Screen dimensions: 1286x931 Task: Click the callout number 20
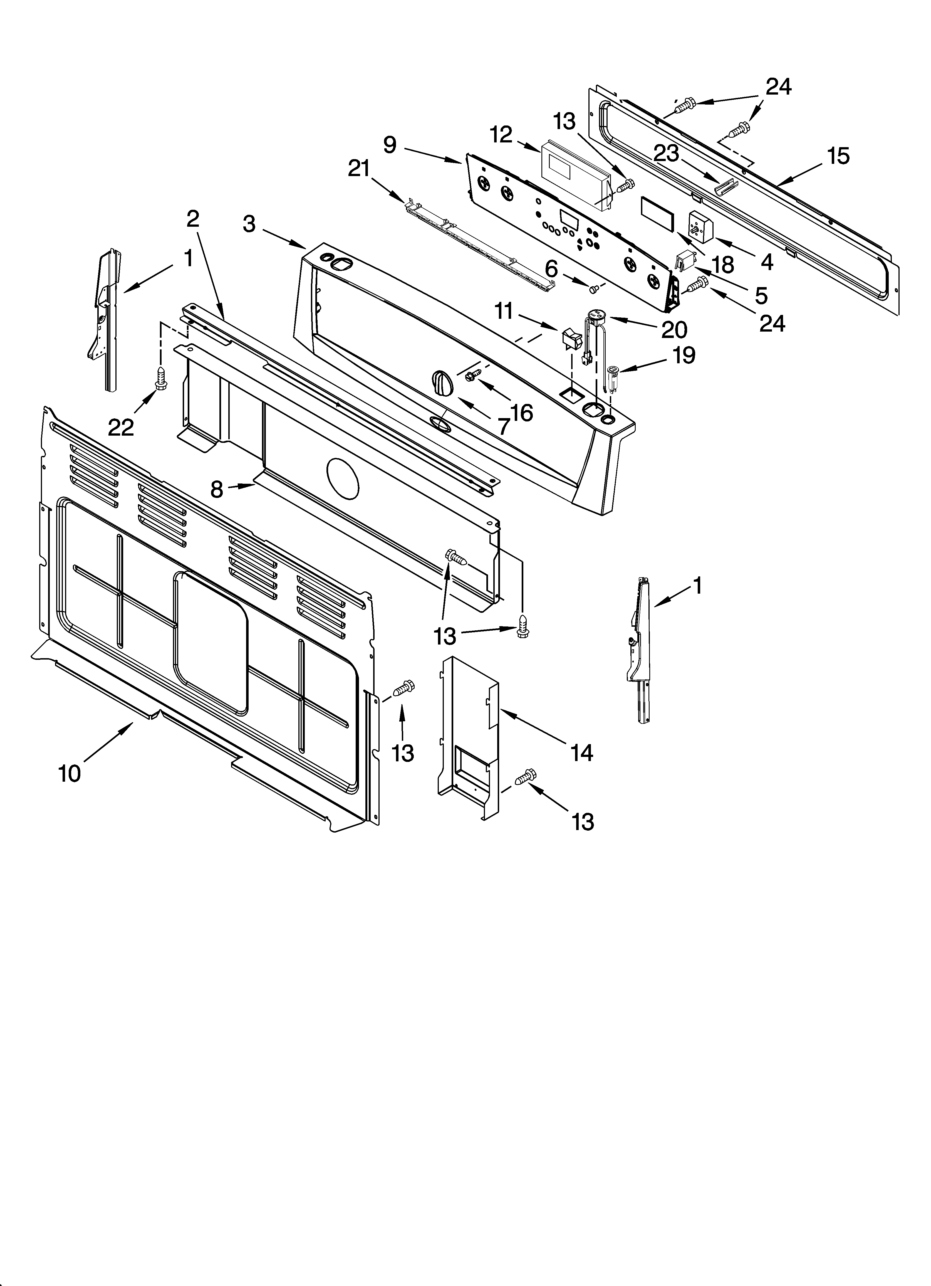point(674,329)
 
